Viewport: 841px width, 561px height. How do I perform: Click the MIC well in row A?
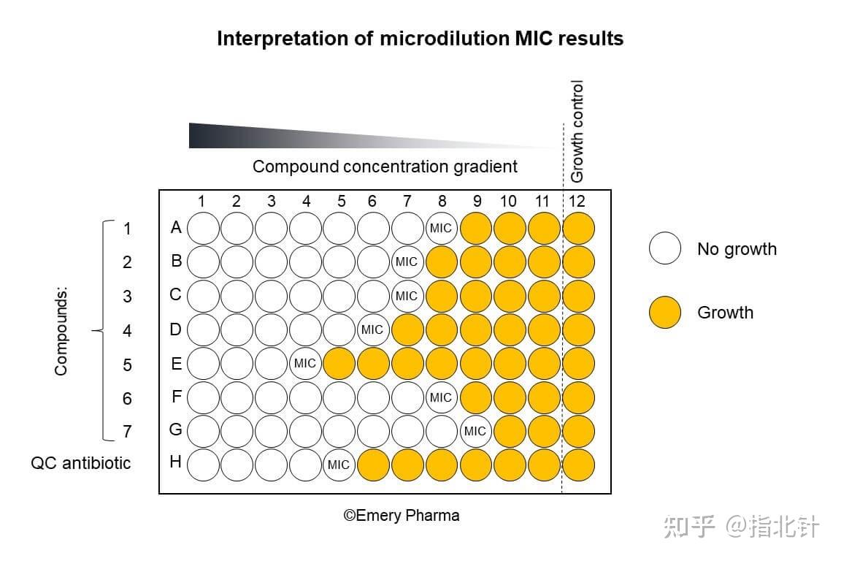pos(440,228)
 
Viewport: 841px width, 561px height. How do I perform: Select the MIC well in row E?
pos(304,363)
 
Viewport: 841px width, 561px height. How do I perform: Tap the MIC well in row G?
pos(475,431)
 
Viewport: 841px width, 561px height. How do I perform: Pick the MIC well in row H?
pos(338,465)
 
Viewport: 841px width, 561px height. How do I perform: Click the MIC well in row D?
pos(372,329)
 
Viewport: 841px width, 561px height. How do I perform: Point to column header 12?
pos(577,201)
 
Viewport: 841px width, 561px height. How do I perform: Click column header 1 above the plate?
pos(201,201)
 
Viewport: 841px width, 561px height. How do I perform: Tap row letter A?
pos(175,228)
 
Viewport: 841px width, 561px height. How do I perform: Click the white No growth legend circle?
pos(664,249)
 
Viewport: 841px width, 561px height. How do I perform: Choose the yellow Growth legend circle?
pos(664,313)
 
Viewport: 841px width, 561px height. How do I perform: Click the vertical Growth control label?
pos(577,131)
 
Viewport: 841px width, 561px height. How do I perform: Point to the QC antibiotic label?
pos(81,463)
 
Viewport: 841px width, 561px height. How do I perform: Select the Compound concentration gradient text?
pos(385,167)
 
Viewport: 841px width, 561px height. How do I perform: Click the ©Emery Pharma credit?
pos(402,516)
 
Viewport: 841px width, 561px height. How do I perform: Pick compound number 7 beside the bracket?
pos(127,432)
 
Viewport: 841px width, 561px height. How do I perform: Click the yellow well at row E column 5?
pos(338,363)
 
